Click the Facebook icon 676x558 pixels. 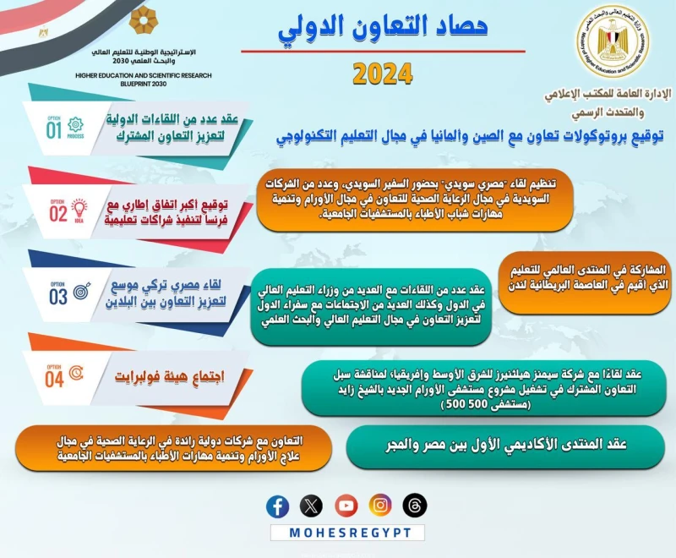277,506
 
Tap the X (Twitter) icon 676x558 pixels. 312,506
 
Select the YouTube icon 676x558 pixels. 346,506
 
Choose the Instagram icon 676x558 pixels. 381,506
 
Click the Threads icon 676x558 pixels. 415,506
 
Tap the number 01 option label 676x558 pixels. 55,129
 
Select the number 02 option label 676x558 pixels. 57,212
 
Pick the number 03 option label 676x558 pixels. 57,297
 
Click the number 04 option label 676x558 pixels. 55,379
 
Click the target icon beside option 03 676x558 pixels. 83,292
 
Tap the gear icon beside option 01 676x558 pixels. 76,123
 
